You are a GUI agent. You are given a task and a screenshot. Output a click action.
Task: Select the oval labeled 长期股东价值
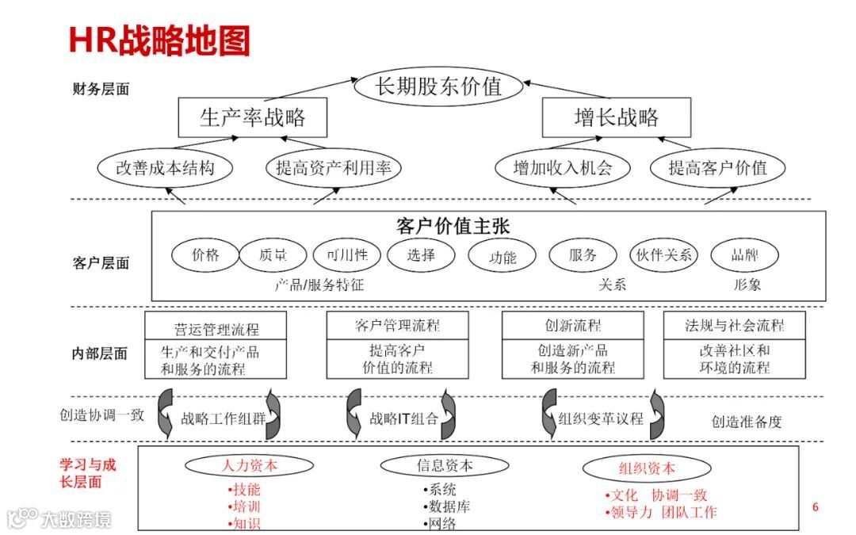click(x=438, y=86)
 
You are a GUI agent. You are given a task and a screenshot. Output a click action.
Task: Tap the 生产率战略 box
click(x=253, y=118)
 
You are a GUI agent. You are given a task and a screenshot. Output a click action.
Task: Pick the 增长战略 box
click(x=616, y=118)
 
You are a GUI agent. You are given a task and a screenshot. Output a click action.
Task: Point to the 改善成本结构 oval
click(x=166, y=168)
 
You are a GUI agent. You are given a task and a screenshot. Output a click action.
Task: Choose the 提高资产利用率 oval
click(x=333, y=168)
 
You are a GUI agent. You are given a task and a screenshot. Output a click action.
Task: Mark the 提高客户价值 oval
click(x=717, y=168)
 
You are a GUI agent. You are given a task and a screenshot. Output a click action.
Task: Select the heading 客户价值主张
click(x=453, y=226)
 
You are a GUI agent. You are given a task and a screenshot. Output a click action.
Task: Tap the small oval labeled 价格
click(x=205, y=255)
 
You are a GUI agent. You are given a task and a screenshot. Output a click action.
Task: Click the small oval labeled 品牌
click(x=744, y=255)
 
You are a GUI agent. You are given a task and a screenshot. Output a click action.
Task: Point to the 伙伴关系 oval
click(x=664, y=255)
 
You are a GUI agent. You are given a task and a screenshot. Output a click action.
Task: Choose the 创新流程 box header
click(x=573, y=326)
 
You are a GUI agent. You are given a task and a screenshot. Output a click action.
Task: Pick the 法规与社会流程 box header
click(x=735, y=326)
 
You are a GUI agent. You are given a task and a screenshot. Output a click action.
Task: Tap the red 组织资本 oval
click(x=647, y=468)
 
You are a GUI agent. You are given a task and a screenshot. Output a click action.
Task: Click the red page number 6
click(x=815, y=507)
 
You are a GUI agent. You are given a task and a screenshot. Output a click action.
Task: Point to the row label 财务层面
click(x=101, y=90)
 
